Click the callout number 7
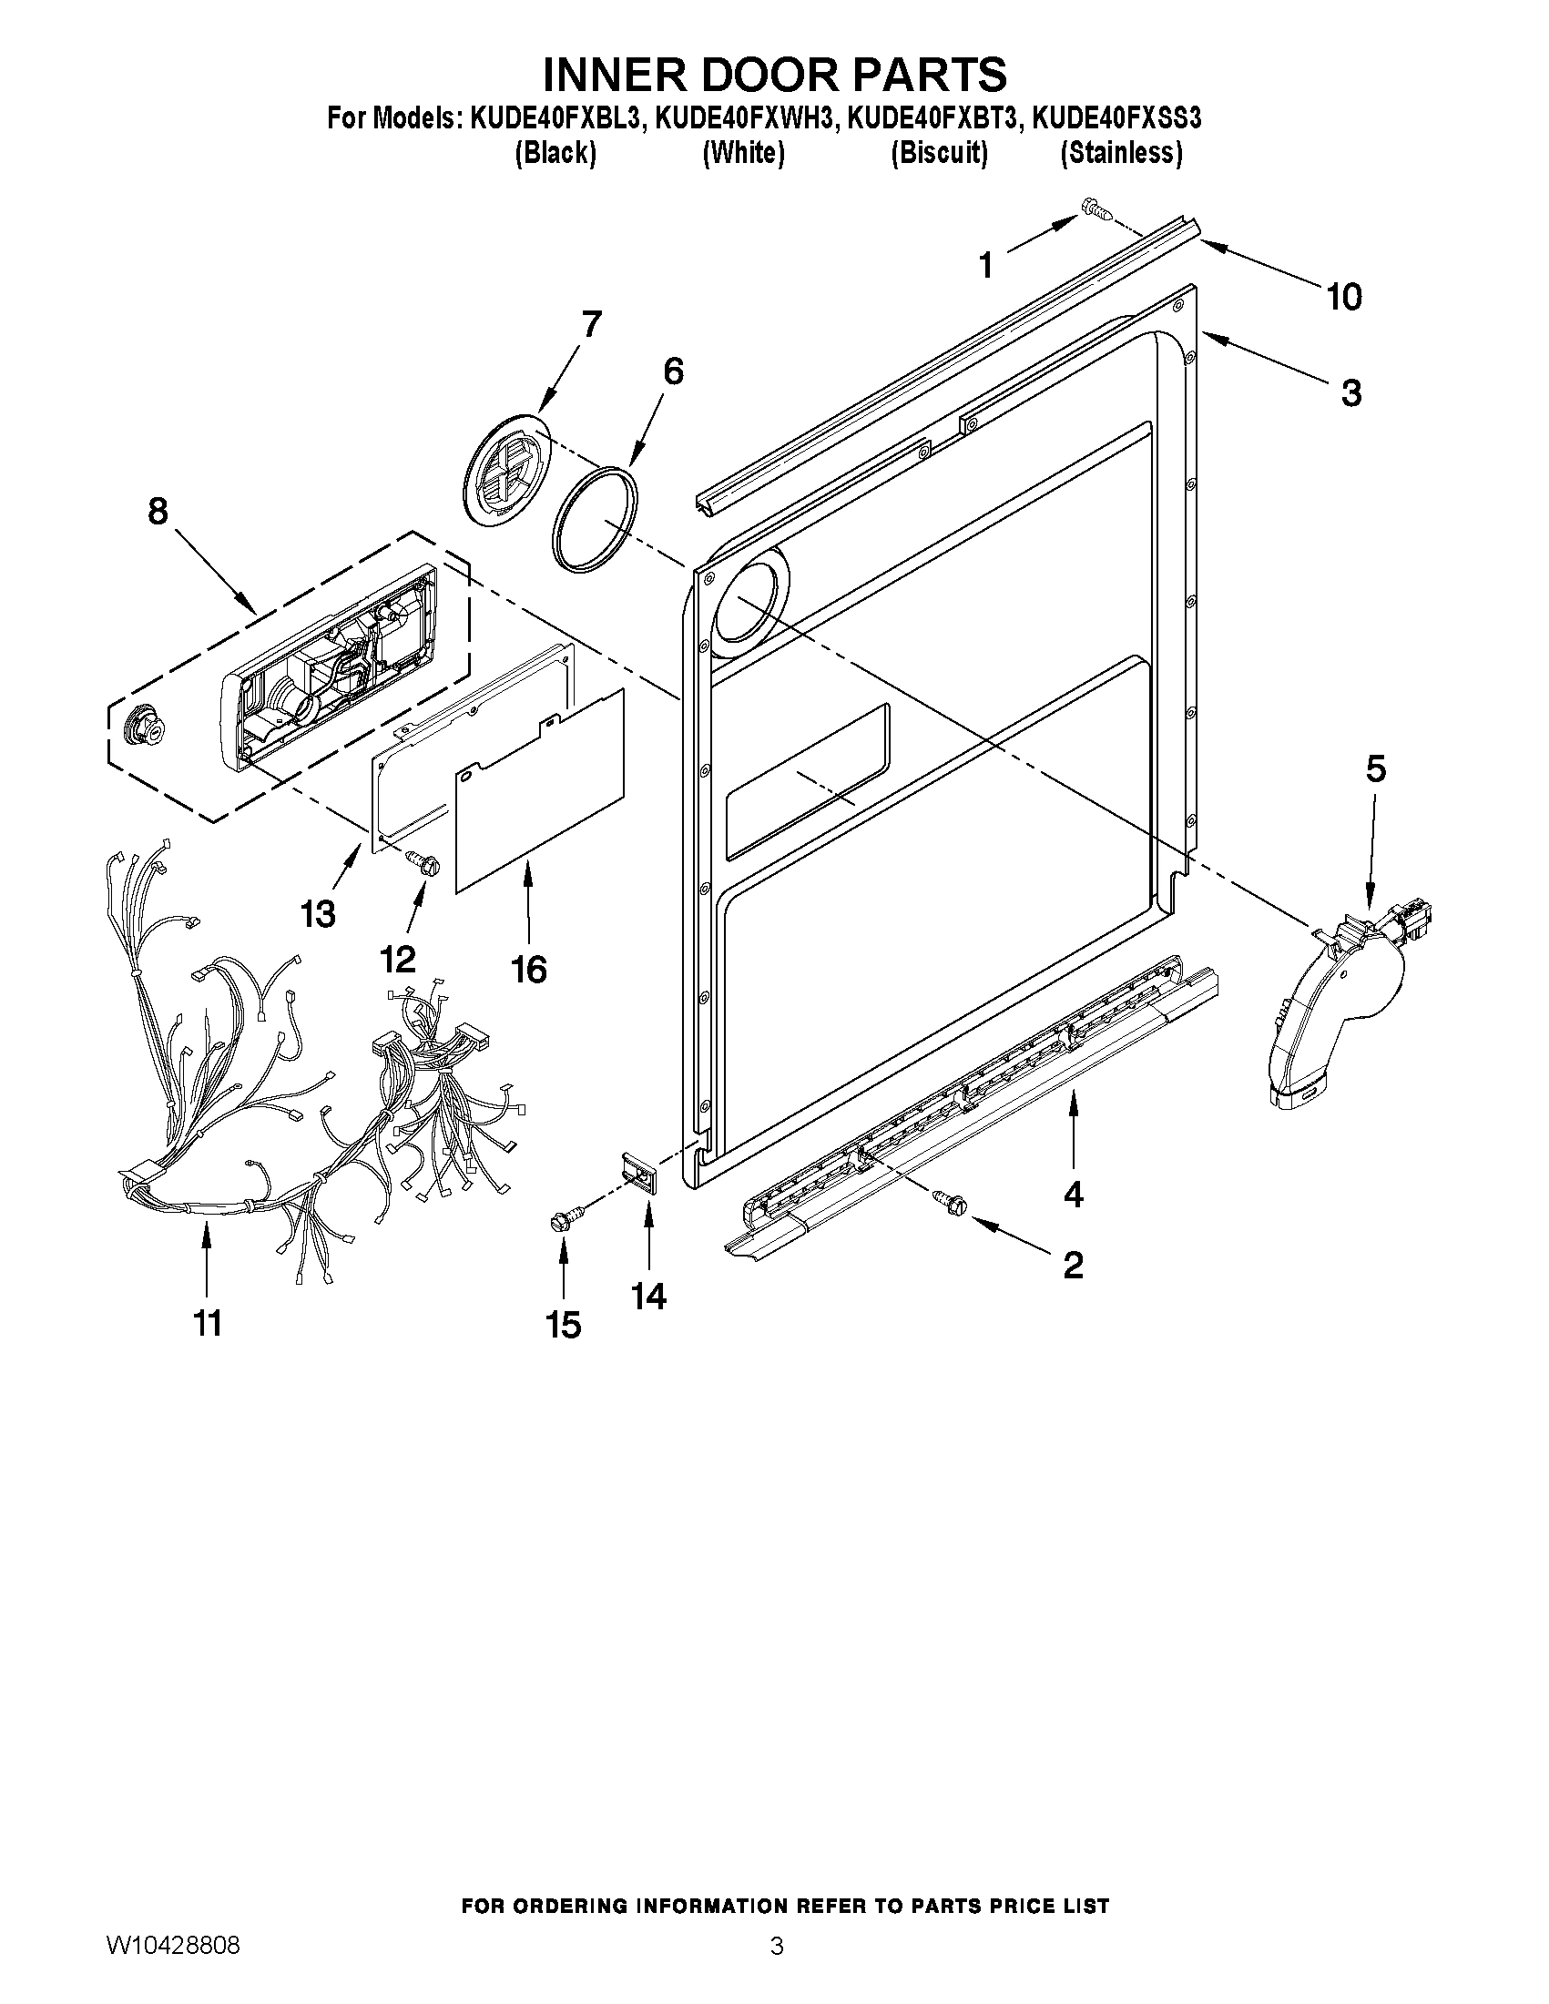591,325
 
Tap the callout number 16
528,969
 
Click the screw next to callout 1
1096,209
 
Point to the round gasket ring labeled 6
595,519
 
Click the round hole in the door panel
747,602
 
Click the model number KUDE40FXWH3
745,118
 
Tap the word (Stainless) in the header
1120,152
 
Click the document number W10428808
173,1969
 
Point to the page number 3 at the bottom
777,1969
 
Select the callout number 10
1343,297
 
